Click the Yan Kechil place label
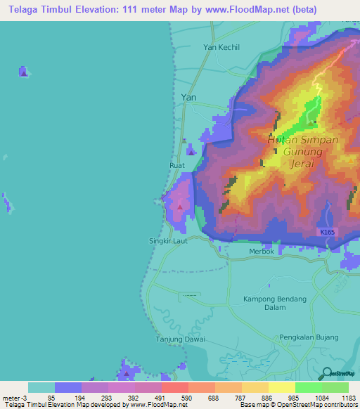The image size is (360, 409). (221, 48)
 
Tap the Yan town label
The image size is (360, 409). (188, 98)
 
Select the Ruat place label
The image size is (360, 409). (176, 165)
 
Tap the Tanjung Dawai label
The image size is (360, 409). (181, 339)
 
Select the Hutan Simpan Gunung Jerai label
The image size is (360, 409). (303, 151)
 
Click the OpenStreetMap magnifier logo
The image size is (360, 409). (326, 373)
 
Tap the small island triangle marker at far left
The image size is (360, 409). (23, 72)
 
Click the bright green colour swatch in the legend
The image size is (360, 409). (308, 387)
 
